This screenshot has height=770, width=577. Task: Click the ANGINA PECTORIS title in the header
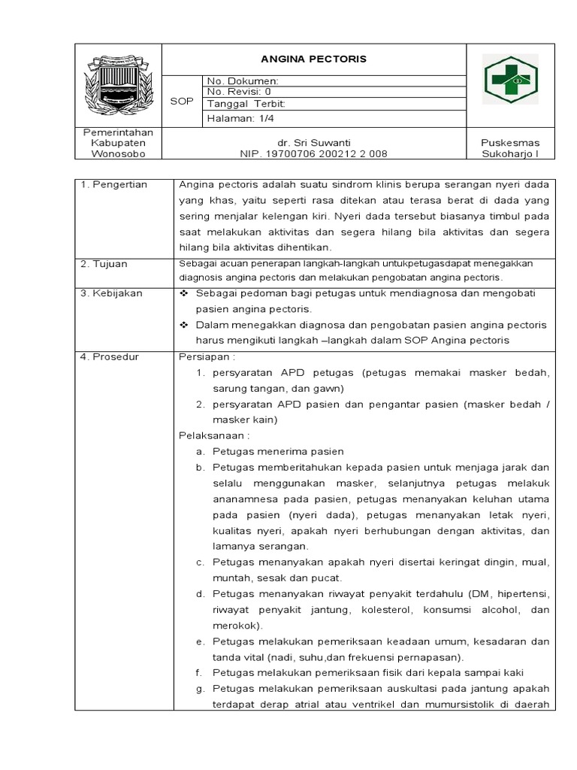point(313,59)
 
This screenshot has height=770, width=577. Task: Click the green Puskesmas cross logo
point(510,80)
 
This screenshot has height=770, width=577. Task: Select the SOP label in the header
point(181,100)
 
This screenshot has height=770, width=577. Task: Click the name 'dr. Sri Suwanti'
point(314,142)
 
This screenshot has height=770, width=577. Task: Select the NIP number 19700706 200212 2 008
point(314,153)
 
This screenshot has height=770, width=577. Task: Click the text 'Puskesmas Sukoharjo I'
point(510,148)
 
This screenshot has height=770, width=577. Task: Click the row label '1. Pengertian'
point(114,185)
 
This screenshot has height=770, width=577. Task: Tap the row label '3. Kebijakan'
point(111,293)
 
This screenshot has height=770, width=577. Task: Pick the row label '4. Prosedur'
point(110,356)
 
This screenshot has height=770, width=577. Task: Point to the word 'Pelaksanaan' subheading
point(213,435)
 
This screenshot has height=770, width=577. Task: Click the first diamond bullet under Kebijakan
point(184,293)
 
